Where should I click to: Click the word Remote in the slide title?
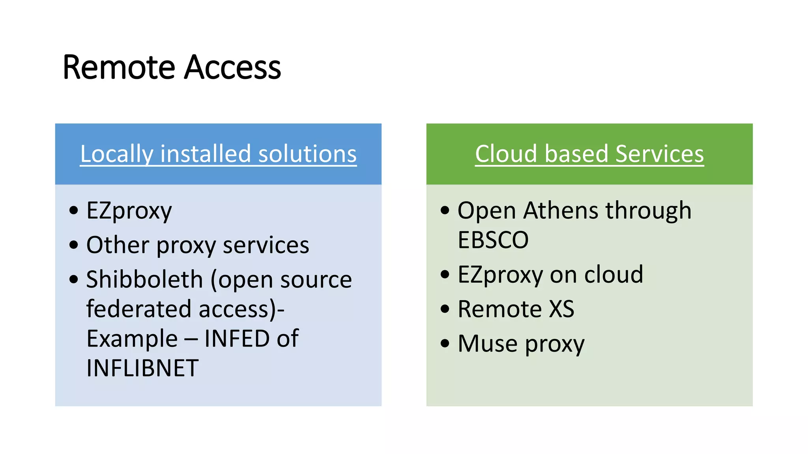point(119,67)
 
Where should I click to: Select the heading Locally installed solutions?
point(218,154)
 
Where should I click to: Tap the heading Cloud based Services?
point(589,154)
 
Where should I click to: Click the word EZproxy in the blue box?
point(129,211)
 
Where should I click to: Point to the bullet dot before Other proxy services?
point(74,245)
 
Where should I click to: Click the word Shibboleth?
point(144,279)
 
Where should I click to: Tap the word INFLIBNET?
point(142,368)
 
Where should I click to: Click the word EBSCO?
point(493,240)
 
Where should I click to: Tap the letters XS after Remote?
point(562,309)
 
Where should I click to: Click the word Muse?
point(488,344)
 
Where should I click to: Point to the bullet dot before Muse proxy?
point(445,343)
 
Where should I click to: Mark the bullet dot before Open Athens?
point(445,210)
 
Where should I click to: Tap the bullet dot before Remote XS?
point(445,309)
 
